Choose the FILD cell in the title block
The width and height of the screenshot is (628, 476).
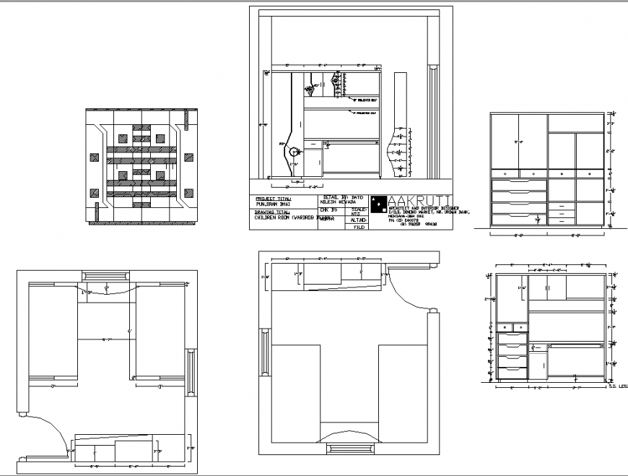(x=356, y=227)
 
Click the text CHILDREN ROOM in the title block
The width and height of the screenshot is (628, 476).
(x=276, y=217)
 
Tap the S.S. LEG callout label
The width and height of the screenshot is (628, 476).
(x=618, y=386)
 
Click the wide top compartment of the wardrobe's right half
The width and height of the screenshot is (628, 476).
(x=575, y=123)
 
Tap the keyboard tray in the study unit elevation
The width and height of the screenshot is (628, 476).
(x=575, y=346)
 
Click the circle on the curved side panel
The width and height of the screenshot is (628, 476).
(x=295, y=152)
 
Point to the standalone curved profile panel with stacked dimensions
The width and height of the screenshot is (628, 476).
(x=398, y=151)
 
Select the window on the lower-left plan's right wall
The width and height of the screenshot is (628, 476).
(x=191, y=372)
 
